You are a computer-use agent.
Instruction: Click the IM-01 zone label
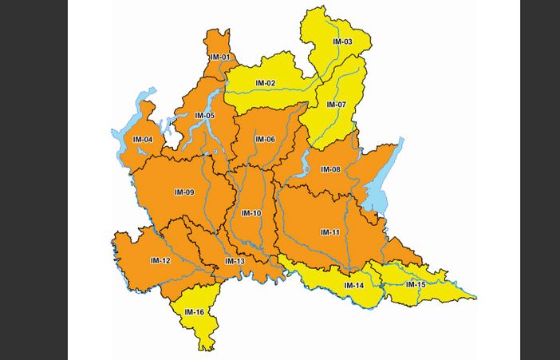click(x=220, y=57)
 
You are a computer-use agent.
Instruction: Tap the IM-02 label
click(x=266, y=83)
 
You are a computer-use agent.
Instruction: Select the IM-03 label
click(x=342, y=42)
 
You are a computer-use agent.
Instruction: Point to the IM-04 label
click(x=143, y=140)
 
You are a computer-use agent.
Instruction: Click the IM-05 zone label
click(x=204, y=116)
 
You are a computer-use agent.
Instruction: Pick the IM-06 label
click(x=265, y=140)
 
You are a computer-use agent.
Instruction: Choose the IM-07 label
click(x=336, y=105)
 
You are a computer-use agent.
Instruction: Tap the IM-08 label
click(x=330, y=169)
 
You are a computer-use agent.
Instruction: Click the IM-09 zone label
click(x=184, y=192)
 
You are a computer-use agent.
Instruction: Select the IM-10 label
click(x=251, y=213)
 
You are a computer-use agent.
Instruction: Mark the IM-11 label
click(x=330, y=232)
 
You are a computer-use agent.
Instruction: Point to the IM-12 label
click(x=160, y=260)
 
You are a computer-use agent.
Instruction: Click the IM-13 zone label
click(x=235, y=261)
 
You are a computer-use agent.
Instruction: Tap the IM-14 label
click(x=354, y=285)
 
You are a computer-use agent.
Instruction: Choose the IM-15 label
click(x=416, y=284)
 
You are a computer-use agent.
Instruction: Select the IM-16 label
click(x=195, y=311)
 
